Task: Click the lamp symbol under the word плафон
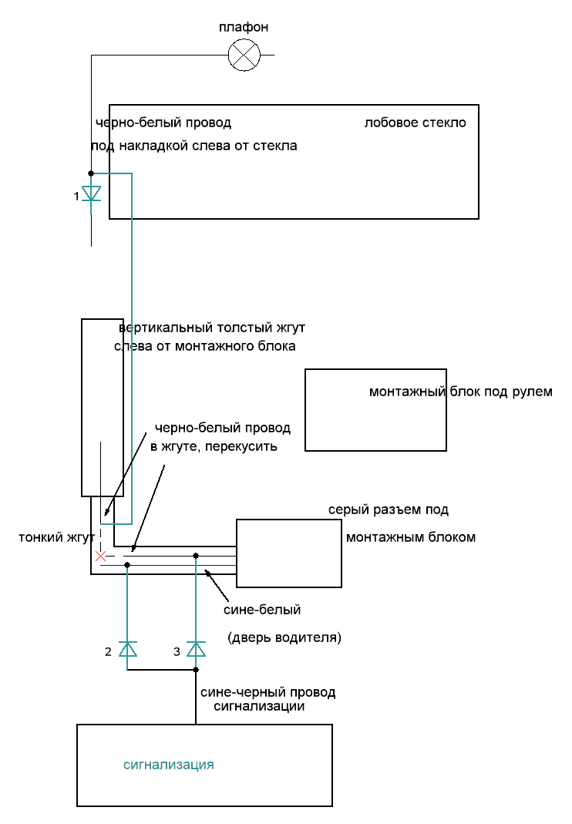click(245, 55)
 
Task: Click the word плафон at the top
click(244, 28)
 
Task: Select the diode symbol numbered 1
click(91, 193)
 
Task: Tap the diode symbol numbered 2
click(127, 649)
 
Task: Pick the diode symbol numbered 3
click(196, 649)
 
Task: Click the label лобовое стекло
click(415, 123)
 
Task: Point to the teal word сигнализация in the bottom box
click(168, 765)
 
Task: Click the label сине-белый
click(261, 610)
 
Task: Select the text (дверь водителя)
click(284, 638)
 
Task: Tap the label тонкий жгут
click(56, 537)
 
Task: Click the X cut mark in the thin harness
click(100, 555)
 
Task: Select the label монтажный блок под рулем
click(460, 392)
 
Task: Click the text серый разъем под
click(389, 510)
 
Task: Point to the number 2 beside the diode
click(109, 652)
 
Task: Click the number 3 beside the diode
click(177, 652)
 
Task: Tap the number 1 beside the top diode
click(76, 197)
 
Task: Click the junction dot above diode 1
click(91, 173)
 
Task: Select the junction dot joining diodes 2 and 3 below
click(196, 669)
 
